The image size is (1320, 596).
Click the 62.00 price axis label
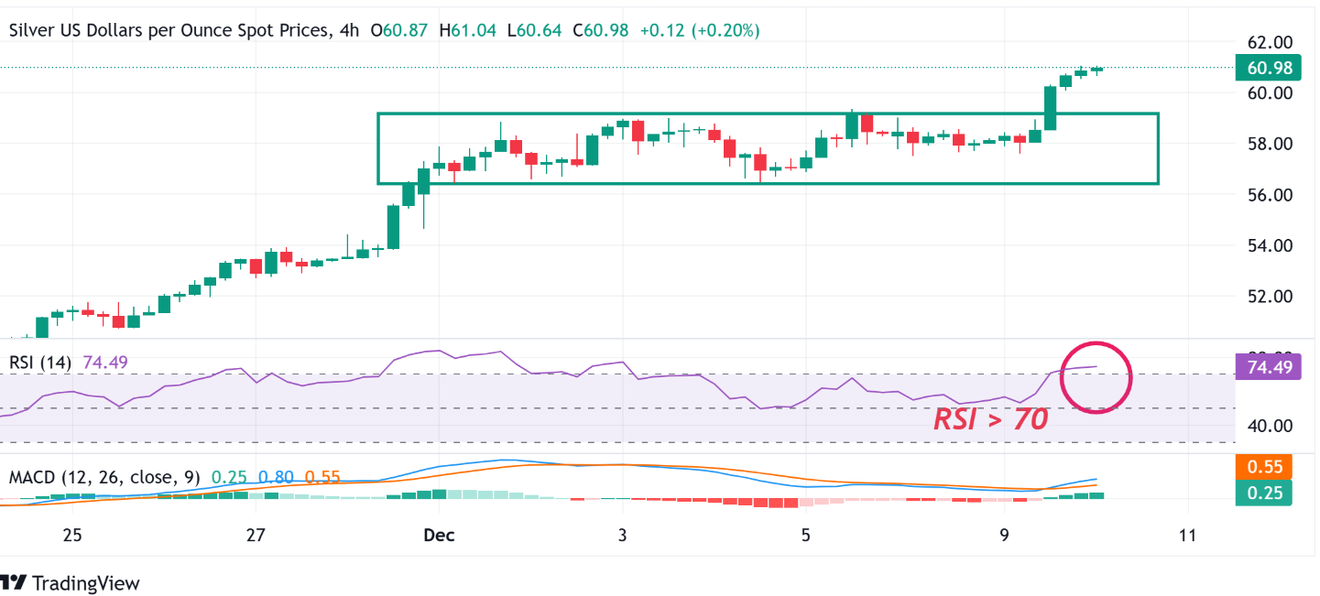coord(1268,42)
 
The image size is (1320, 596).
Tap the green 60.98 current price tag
coord(1262,68)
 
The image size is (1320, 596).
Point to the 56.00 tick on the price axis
coord(1268,195)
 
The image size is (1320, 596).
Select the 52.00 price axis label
coord(1268,297)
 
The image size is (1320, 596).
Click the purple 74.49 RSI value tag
coord(1262,368)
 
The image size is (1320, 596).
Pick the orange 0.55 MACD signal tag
coord(1262,466)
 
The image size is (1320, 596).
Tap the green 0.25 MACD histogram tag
coord(1262,493)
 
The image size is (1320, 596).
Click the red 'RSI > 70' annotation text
coord(990,419)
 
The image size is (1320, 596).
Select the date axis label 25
coord(72,536)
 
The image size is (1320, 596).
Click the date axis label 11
coord(1187,536)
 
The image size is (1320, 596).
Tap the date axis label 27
coord(256,536)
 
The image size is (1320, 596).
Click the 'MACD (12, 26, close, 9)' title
coord(104,477)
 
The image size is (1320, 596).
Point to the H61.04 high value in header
coord(467,30)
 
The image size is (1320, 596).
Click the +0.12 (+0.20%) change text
coord(700,30)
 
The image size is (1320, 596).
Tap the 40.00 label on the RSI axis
coord(1268,426)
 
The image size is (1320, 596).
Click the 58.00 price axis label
coord(1268,144)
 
